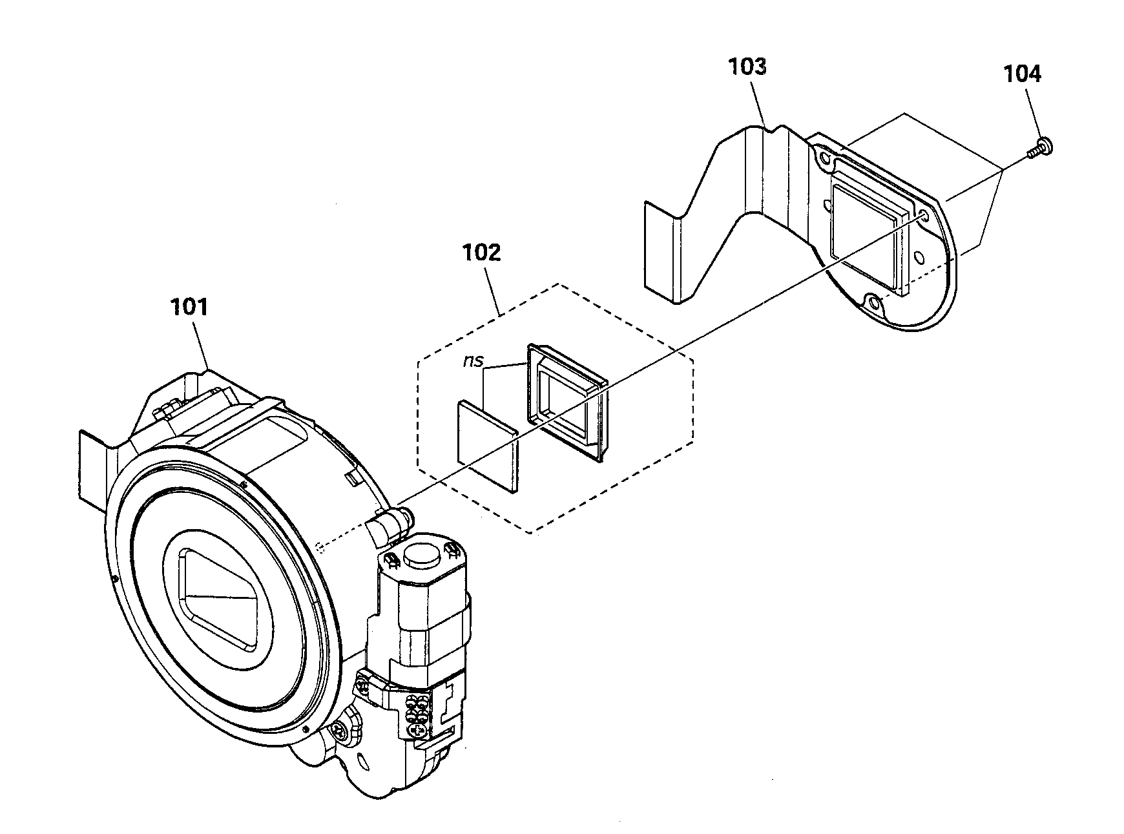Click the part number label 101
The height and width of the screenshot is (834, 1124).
click(x=189, y=306)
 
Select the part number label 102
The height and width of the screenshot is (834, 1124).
click(x=481, y=253)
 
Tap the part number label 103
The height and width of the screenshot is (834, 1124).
click(x=747, y=67)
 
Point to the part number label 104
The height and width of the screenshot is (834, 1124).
click(x=1022, y=74)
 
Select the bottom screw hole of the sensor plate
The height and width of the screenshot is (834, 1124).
click(x=873, y=302)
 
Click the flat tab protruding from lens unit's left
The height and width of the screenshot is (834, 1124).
click(x=94, y=465)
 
